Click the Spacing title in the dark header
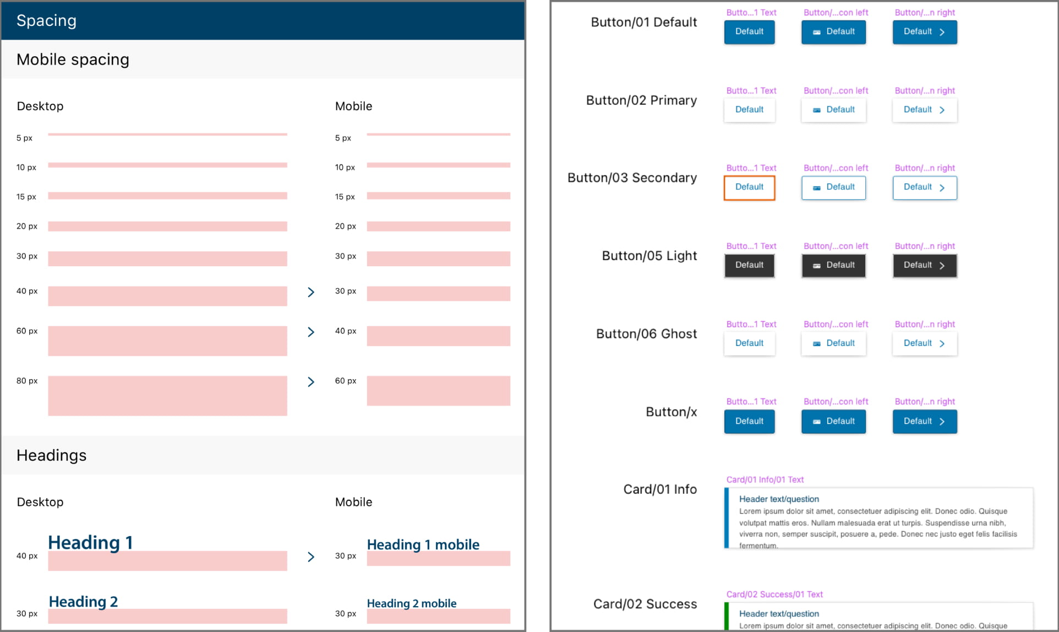46,21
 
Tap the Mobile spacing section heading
73,60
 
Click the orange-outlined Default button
749,187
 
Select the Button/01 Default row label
643,23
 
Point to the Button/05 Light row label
649,256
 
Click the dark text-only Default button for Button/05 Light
749,266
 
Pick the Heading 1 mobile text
423,544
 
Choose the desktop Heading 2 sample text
83,601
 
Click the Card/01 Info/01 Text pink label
765,480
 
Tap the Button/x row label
671,412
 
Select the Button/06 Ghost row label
646,334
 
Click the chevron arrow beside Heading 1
311,557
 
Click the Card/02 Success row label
645,604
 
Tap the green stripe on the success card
727,617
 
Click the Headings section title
52,456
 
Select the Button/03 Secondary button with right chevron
924,187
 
